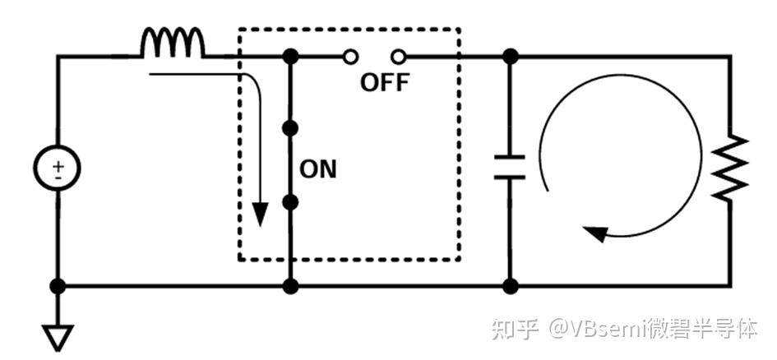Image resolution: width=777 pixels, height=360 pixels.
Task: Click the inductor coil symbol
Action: click(172, 43)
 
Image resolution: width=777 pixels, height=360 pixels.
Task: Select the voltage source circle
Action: click(57, 168)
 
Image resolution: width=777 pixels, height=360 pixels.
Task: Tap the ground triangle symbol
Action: click(58, 338)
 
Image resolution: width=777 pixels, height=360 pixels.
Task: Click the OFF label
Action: click(385, 83)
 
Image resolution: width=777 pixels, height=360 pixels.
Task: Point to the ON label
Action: click(317, 169)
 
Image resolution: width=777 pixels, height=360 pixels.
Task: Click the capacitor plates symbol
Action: click(509, 167)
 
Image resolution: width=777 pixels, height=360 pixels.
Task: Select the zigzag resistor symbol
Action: click(730, 168)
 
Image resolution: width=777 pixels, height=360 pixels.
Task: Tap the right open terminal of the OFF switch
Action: click(398, 57)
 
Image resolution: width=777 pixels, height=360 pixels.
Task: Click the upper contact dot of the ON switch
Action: click(290, 128)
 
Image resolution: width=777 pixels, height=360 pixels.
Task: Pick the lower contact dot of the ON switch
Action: click(290, 202)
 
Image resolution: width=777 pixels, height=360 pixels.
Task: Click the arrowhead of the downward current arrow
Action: click(260, 214)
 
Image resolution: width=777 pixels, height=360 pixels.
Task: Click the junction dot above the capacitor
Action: click(510, 57)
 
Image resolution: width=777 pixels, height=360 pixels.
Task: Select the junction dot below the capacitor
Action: click(510, 286)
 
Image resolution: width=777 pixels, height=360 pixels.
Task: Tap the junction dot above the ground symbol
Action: click(58, 286)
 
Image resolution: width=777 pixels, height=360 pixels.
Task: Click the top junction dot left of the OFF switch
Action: click(290, 57)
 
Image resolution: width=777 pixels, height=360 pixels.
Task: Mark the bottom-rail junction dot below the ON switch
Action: click(290, 286)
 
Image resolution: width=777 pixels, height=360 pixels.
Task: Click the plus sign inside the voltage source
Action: click(58, 164)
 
